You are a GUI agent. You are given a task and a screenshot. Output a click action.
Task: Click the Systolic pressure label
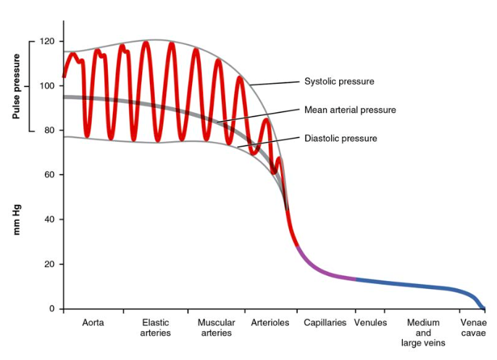pos(339,82)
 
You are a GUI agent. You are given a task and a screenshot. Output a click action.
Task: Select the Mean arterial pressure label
pos(350,110)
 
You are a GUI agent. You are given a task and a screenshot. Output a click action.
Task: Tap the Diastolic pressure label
pos(341,138)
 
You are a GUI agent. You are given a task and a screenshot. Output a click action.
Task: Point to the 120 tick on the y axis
pos(47,41)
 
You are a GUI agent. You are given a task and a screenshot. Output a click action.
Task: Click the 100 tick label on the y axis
pos(47,86)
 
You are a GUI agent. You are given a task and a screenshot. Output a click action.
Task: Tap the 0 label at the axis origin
pos(51,309)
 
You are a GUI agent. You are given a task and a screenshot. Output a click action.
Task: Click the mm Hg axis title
pos(17,217)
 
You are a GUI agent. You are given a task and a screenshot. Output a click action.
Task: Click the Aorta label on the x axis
pos(93,322)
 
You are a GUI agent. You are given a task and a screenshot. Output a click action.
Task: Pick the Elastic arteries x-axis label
pos(156,327)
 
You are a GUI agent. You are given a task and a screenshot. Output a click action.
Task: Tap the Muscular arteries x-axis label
pos(216,327)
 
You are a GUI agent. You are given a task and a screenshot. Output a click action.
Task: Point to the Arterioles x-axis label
pos(270,322)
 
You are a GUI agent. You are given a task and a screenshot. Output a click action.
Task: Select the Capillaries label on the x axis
pos(324,322)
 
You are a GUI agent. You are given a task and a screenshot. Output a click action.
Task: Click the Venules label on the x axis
pos(370,322)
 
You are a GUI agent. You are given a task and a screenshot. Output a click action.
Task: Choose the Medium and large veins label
pos(423,332)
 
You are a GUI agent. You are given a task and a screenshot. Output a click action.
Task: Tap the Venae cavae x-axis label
pos(472,327)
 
